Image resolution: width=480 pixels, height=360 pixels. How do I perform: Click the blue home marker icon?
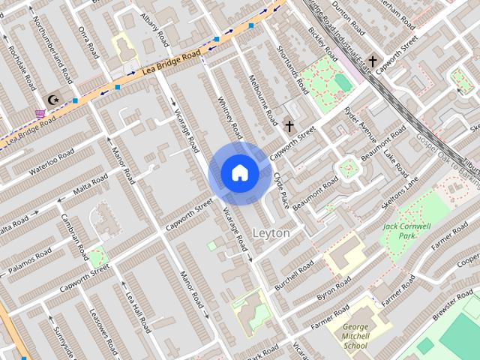(239, 173)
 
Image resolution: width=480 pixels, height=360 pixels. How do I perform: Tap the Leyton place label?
(271, 233)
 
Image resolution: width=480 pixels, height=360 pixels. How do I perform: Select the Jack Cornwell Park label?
(406, 230)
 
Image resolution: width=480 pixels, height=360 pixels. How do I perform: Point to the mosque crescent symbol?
(52, 99)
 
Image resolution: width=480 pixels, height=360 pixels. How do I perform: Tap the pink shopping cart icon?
(40, 113)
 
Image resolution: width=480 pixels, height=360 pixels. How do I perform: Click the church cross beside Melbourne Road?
(289, 126)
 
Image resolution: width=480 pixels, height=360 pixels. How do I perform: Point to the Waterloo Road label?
(53, 161)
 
